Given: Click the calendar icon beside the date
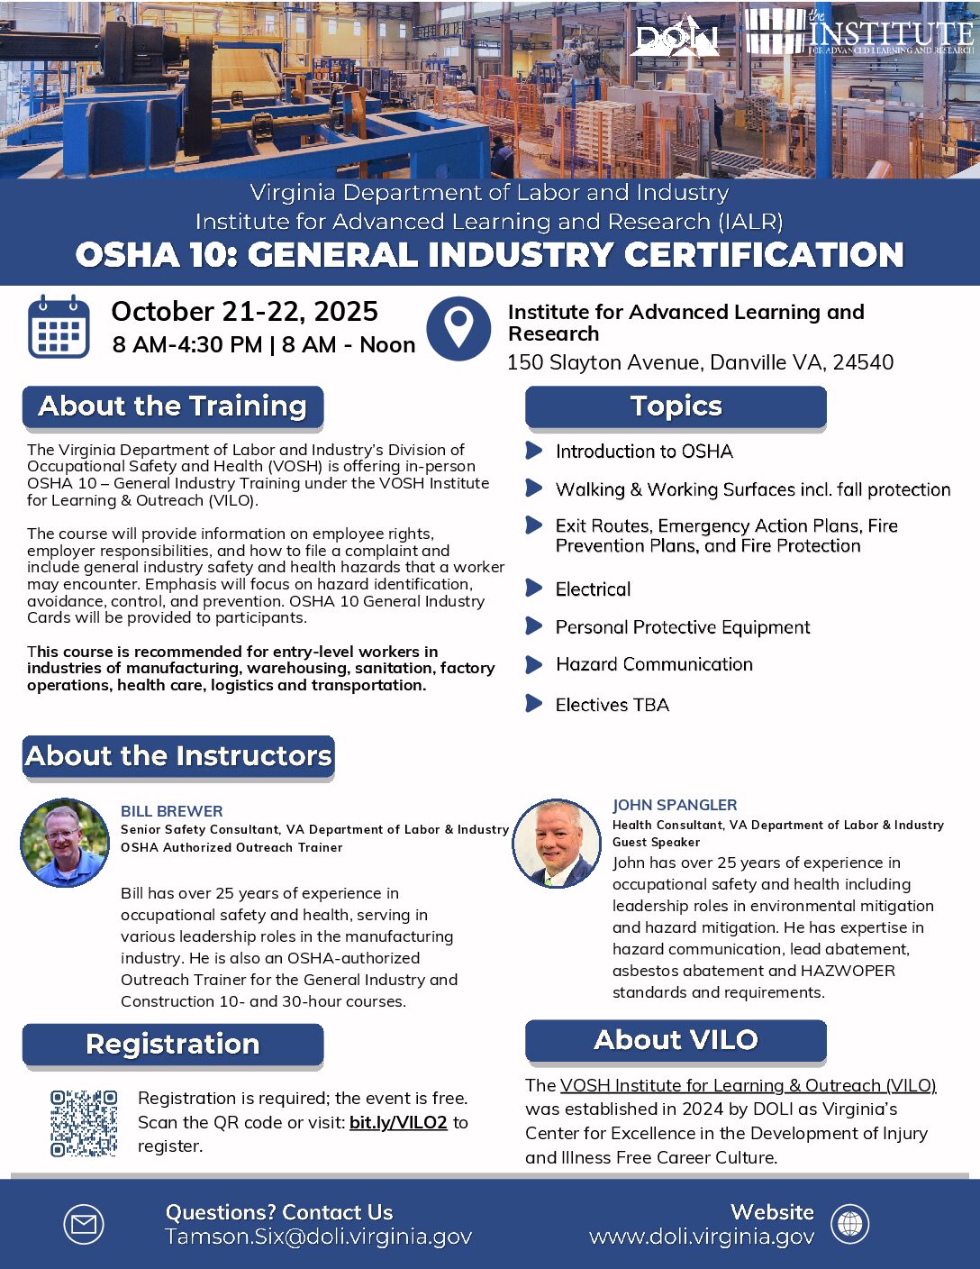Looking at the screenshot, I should coord(59,326).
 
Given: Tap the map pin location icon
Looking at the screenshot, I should coord(458,328).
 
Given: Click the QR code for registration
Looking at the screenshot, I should coord(84,1123).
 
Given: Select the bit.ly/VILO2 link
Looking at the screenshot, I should coord(398,1122).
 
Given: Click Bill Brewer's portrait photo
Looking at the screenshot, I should coord(65,843).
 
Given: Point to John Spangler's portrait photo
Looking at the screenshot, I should coord(557,843).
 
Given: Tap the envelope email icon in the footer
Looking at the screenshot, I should coord(84,1225).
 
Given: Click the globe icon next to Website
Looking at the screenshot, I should coord(849,1225).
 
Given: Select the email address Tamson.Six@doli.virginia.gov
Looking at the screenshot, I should coord(318,1237).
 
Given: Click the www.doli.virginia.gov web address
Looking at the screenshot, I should coord(702,1237).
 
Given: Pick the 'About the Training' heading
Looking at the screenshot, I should coord(173,406).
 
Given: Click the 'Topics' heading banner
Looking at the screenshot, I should coord(676,406).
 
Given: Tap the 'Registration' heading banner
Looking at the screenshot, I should coord(173,1044).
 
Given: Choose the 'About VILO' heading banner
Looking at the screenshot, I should coord(676,1040).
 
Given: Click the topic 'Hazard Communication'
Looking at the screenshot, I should coord(654,664).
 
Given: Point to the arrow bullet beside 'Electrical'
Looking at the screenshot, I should coord(534,589).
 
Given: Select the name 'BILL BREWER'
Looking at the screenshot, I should coord(172,811).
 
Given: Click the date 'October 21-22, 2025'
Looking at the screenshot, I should coord(244,311).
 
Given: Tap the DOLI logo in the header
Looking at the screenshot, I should coord(676,37).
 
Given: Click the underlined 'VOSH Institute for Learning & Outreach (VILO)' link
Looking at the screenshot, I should coord(748,1085).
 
